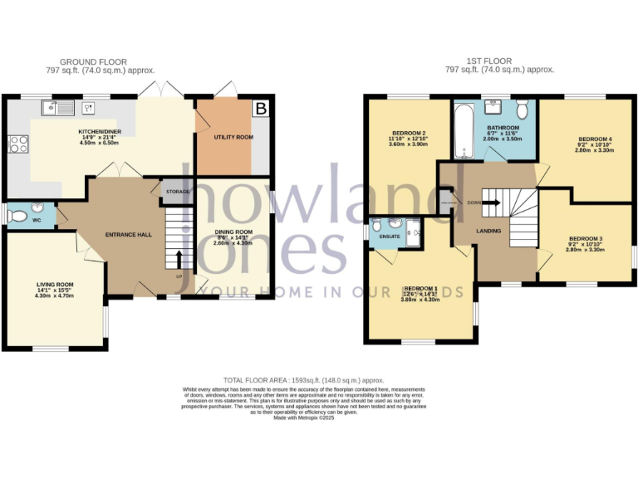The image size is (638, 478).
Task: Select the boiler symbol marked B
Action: (261, 108)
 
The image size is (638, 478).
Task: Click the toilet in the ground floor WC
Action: (16, 215)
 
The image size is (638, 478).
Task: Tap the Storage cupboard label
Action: (177, 192)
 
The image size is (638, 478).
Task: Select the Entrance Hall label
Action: (129, 235)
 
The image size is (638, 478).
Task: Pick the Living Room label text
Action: (55, 284)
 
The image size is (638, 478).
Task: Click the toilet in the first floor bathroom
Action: (522, 110)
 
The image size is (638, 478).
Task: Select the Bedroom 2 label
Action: (408, 133)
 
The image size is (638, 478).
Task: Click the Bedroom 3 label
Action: (585, 238)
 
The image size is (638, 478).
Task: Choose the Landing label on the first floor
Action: (488, 231)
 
